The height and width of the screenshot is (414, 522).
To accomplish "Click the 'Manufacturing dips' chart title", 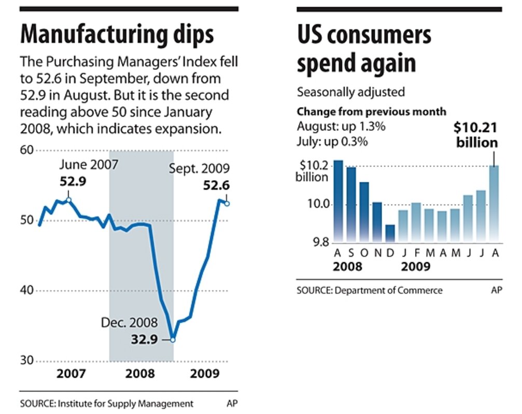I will (117, 35).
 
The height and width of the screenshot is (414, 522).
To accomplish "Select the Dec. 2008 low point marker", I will (173, 339).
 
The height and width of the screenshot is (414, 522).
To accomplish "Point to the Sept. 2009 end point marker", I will (227, 203).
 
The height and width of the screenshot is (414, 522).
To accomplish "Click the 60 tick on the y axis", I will (26, 151).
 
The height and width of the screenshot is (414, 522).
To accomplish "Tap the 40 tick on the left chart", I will (26, 291).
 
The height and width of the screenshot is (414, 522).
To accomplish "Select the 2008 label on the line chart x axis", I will (140, 374).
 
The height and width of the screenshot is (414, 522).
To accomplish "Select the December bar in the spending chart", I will (390, 233).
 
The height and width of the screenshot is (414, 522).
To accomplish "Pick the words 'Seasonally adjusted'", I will (350, 92).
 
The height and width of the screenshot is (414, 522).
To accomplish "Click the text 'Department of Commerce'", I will (389, 290).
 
